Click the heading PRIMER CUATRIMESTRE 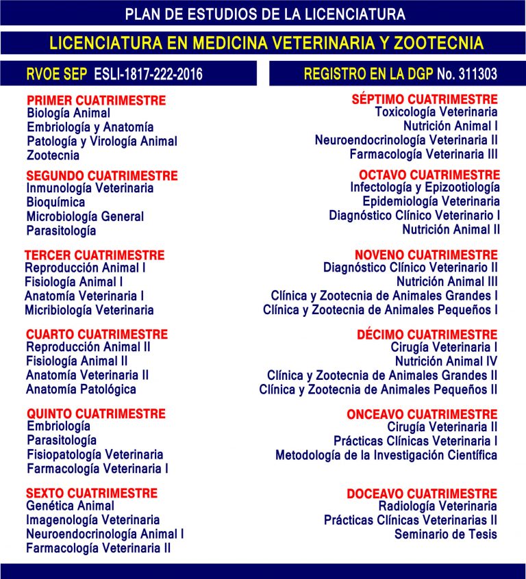[x=96, y=100]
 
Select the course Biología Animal [x=68, y=113]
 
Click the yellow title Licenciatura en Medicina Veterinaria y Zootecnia [x=266, y=43]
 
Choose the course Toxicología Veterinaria [x=436, y=112]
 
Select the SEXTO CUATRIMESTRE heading [x=92, y=493]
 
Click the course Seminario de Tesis [x=445, y=535]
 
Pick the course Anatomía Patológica [x=81, y=389]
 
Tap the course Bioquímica [x=55, y=203]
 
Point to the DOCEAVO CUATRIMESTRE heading [x=422, y=494]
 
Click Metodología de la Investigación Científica [x=386, y=455]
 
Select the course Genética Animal [x=70, y=506]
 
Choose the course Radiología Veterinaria [x=438, y=506]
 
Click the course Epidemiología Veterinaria [x=431, y=202]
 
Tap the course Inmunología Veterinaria [x=90, y=188]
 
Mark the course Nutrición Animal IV [x=446, y=361]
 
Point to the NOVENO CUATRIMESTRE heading [x=426, y=255]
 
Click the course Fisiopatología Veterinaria [x=95, y=454]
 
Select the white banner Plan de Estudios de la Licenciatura [x=265, y=14]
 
